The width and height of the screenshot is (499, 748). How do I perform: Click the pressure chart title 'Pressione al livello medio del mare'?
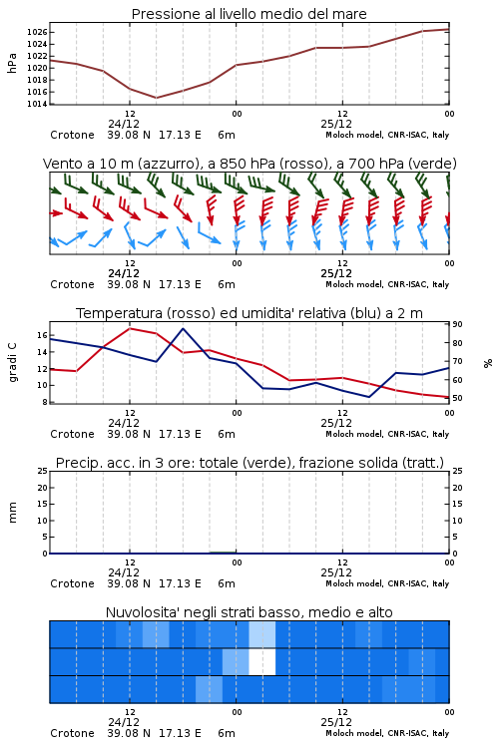[249, 14]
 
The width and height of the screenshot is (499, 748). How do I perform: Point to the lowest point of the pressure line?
[156, 98]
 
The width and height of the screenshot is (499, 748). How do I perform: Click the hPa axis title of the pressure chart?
[12, 63]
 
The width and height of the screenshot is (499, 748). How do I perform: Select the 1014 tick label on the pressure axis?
[37, 104]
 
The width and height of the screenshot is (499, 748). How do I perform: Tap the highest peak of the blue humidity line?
[183, 328]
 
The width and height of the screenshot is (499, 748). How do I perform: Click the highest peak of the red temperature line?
[130, 328]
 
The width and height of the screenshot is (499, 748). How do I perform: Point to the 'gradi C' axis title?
[12, 362]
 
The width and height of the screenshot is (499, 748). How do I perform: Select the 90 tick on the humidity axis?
[457, 324]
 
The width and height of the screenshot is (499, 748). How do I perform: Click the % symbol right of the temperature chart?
[488, 363]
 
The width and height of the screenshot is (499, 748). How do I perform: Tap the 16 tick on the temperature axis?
[42, 335]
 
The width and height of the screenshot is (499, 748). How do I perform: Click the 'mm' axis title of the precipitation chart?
[12, 513]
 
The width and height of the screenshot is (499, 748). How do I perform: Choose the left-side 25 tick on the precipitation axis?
[43, 471]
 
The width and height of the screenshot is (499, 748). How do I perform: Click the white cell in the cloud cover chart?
[262, 661]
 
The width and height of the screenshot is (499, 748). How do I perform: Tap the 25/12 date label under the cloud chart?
[336, 722]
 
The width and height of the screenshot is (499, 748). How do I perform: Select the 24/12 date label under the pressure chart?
[124, 124]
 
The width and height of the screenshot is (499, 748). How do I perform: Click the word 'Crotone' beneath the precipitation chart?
[72, 583]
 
